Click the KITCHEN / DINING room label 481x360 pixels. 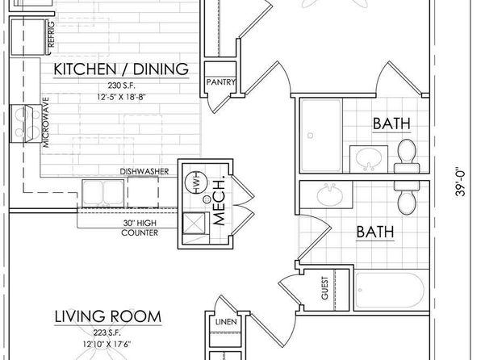[121, 69]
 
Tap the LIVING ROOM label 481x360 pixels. [108, 316]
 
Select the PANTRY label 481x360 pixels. [221, 82]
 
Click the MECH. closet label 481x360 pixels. [219, 200]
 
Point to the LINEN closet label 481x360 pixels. [226, 322]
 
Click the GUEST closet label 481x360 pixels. [324, 288]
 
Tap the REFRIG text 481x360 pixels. [51, 34]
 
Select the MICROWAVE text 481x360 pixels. [46, 122]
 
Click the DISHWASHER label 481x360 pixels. [144, 172]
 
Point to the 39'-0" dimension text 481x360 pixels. [461, 182]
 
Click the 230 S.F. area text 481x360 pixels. [121, 85]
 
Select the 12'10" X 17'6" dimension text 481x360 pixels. [107, 345]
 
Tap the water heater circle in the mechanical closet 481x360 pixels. [194, 182]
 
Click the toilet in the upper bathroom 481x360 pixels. [407, 156]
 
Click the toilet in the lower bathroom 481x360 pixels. [407, 198]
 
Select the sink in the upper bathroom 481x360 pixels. [369, 158]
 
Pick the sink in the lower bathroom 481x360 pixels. [330, 194]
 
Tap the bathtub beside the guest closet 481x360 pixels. [390, 290]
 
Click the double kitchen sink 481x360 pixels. [103, 194]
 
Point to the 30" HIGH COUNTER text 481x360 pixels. [140, 228]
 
